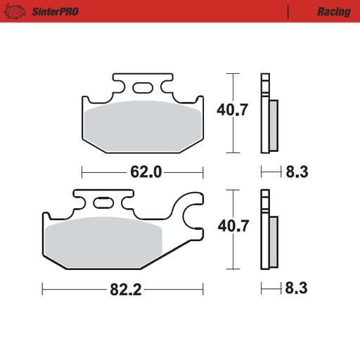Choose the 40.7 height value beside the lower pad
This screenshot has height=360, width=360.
tap(232, 226)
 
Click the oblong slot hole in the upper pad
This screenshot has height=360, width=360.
tap(142, 88)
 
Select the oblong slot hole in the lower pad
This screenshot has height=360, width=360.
tap(103, 203)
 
